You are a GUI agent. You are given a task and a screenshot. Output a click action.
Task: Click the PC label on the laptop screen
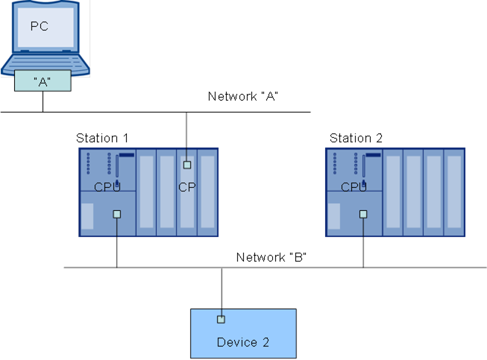[x=40, y=26]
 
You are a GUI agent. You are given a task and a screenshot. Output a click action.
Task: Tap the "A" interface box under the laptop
[x=43, y=80]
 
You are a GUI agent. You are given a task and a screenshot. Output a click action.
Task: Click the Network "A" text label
[x=243, y=96]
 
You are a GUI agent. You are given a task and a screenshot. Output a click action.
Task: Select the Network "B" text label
[x=271, y=257]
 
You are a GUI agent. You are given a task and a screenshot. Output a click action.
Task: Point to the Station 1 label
[x=102, y=138]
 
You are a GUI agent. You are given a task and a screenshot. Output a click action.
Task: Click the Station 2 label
[x=356, y=138]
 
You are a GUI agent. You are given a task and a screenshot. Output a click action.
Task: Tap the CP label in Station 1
[x=187, y=187]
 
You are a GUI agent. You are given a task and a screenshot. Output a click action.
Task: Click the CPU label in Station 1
[x=107, y=187]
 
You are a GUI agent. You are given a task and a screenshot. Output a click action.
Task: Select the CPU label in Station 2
[x=354, y=187]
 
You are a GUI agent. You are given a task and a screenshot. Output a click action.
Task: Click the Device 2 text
[x=243, y=342]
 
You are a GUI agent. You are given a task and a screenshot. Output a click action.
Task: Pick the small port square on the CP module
[x=187, y=165]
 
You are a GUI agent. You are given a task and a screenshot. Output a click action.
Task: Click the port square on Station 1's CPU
[x=117, y=214]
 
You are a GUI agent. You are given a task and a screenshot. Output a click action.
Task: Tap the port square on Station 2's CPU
[x=363, y=214]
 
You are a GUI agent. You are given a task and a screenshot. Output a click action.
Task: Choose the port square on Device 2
[x=221, y=319]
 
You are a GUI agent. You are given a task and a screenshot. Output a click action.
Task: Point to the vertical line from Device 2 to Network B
[x=221, y=291]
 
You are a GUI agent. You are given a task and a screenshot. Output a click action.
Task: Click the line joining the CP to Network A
[x=186, y=136]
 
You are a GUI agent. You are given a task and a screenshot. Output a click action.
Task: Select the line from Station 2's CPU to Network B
[x=363, y=243]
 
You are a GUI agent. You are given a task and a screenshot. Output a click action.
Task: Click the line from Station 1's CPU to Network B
[x=117, y=243]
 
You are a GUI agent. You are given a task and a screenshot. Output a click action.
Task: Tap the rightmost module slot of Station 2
[x=454, y=192]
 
